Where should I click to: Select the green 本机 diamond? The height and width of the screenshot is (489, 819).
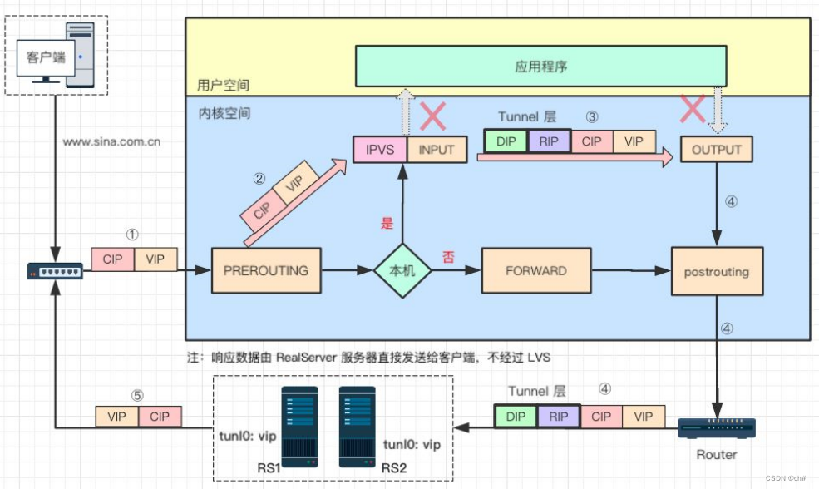coord(402,270)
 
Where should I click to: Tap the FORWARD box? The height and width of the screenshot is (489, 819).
coord(536,270)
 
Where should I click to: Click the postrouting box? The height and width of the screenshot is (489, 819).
coord(716,271)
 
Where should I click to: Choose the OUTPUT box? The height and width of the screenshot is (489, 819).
coord(716,150)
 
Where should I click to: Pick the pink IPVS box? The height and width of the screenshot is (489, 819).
coord(380,150)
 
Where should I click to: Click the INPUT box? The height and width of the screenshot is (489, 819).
coord(436,150)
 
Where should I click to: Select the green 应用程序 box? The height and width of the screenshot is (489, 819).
coord(540,67)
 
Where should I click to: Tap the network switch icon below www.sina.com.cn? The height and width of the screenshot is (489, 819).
coord(55,271)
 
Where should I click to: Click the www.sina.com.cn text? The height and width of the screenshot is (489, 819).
coord(111,142)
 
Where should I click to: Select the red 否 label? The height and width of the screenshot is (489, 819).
coord(448,257)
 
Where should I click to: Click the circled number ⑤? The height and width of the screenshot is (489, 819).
coord(138,395)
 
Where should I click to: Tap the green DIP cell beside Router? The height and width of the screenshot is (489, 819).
coord(516,417)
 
